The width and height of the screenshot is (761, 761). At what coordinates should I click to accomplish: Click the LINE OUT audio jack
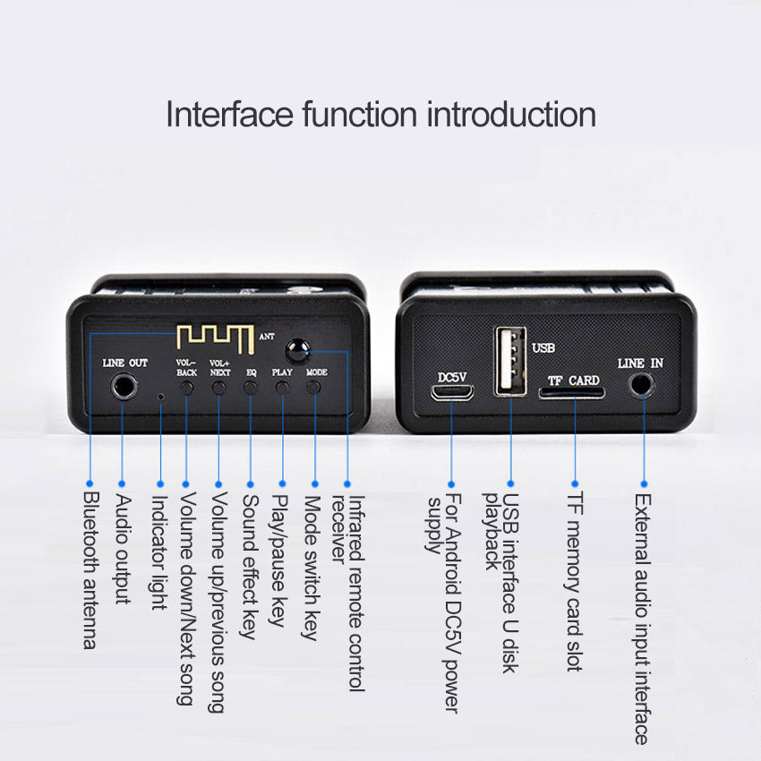click(x=124, y=387)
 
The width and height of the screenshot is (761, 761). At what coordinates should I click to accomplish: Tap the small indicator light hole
click(x=160, y=397)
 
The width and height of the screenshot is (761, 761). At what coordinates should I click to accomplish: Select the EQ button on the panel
click(x=251, y=388)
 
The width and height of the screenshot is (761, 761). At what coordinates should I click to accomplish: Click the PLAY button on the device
click(x=282, y=388)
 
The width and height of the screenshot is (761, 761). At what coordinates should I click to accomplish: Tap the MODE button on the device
click(x=314, y=388)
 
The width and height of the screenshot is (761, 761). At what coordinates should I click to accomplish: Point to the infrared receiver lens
click(x=297, y=350)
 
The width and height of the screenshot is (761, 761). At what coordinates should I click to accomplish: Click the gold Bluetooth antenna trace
click(x=216, y=338)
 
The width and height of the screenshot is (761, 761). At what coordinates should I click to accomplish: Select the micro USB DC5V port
click(x=452, y=392)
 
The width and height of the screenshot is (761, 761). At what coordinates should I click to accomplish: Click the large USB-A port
click(x=510, y=361)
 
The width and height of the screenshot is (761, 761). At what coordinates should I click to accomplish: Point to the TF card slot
click(x=571, y=392)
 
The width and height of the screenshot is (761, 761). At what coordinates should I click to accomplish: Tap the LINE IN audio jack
click(x=642, y=385)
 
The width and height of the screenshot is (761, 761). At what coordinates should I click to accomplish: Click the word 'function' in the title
click(x=360, y=115)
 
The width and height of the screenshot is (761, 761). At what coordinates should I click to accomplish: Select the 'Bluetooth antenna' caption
click(x=90, y=570)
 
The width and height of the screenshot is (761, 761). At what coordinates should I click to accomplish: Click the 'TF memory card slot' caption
click(x=575, y=581)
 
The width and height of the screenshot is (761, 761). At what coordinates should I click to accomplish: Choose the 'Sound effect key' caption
click(x=250, y=567)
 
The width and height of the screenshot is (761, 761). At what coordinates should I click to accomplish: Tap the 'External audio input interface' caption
click(x=642, y=619)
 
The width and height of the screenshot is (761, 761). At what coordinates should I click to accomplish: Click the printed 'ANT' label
click(x=267, y=336)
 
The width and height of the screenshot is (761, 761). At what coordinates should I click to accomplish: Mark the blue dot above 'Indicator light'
click(x=160, y=483)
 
